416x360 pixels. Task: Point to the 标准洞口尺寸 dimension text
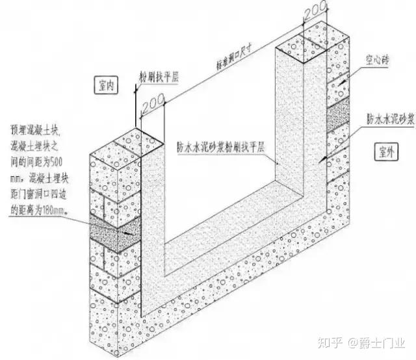coord(232,53)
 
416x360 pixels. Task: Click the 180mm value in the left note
coord(57,211)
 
